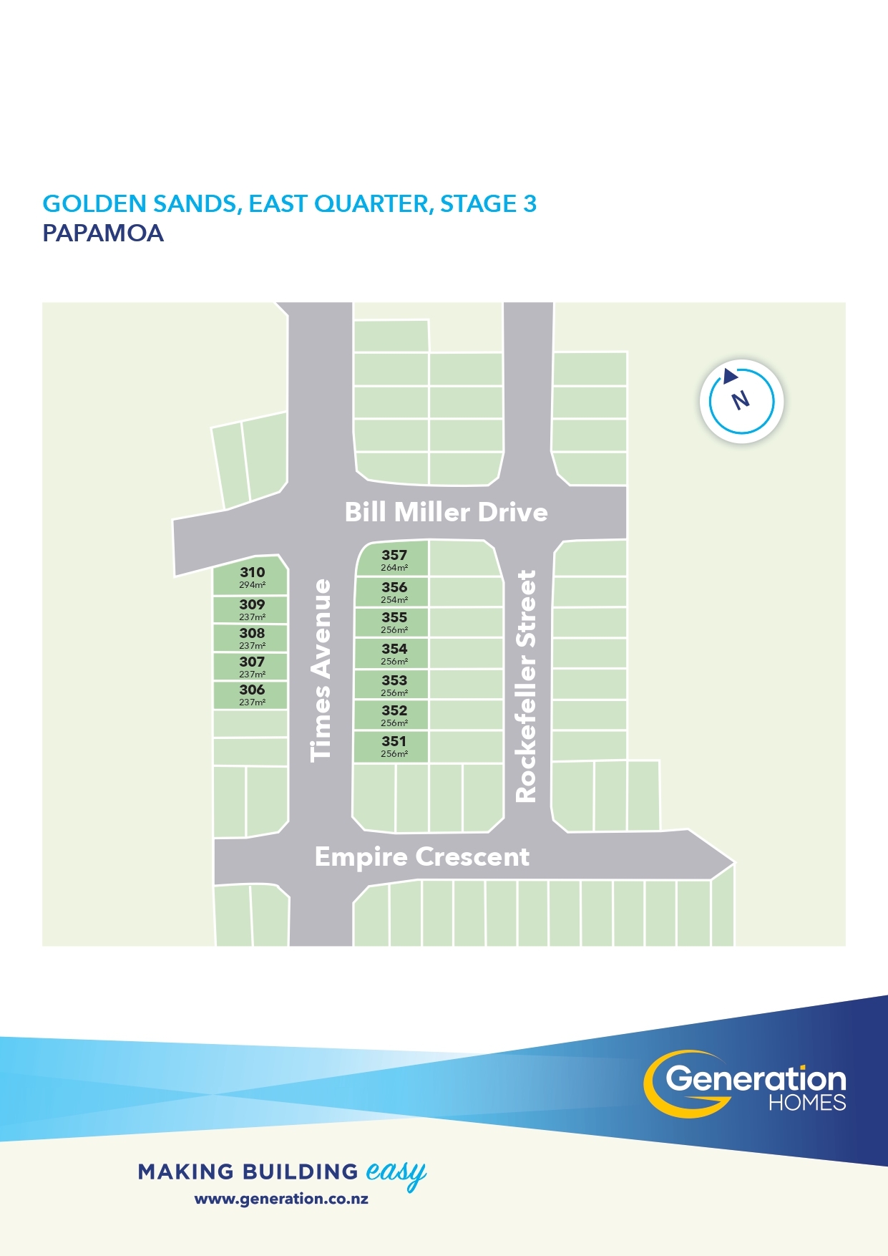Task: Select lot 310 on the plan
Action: point(250,576)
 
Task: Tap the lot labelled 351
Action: point(392,746)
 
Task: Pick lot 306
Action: point(250,695)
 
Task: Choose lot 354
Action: point(392,654)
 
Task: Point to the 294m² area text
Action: point(253,585)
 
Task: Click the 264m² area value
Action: point(394,568)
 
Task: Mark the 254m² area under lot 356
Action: point(394,600)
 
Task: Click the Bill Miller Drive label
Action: point(446,512)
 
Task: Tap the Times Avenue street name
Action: point(321,670)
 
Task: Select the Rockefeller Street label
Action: point(526,686)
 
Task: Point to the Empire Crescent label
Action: point(422,856)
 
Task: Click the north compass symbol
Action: point(742,401)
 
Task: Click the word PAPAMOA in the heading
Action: point(103,233)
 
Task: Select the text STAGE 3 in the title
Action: point(488,204)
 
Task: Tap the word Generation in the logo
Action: point(756,1078)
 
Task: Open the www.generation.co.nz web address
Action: point(281,1199)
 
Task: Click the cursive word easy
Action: point(396,1173)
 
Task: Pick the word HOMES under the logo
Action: point(807,1102)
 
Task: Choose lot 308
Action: point(250,638)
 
